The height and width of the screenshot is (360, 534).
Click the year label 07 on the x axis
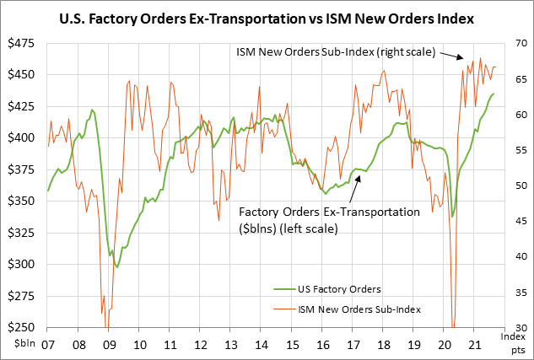point(48,345)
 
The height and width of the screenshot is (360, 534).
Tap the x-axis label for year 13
point(231,345)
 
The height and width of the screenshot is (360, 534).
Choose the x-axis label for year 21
point(474,345)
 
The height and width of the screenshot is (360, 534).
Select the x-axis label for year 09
point(109,345)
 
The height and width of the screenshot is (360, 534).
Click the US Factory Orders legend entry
point(340,290)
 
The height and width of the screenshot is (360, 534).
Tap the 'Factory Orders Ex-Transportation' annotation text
point(329,212)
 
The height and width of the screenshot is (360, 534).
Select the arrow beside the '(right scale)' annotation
point(450,56)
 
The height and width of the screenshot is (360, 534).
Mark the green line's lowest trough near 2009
point(118,266)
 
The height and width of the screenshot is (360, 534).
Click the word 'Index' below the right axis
point(513,336)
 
